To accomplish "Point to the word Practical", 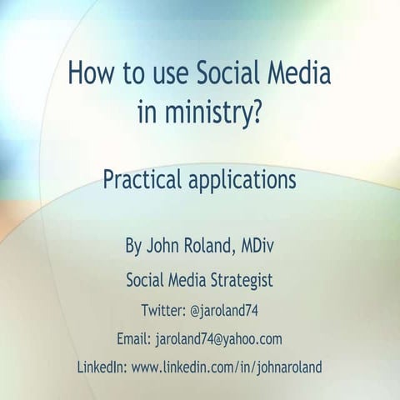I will coord(142,180).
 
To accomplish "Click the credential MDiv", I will coord(261,247).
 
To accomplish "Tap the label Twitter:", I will coord(163,311).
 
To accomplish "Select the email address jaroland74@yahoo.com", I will coord(219,338).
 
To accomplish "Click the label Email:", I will coord(135,338).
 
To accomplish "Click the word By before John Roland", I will coord(134,247).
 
